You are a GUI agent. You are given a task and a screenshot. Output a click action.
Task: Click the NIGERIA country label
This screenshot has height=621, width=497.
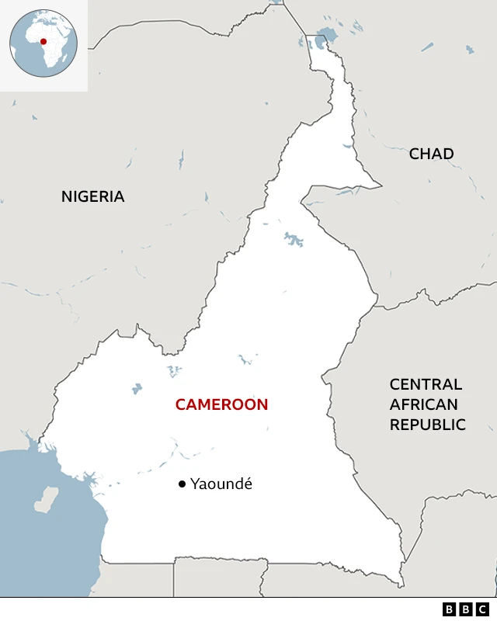click(92, 196)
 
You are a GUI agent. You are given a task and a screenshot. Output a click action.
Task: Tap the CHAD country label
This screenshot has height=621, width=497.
click(431, 154)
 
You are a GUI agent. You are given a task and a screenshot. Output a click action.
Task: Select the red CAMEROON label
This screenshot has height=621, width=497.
click(221, 404)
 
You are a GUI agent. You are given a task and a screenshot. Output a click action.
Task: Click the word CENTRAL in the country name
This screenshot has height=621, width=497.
click(426, 384)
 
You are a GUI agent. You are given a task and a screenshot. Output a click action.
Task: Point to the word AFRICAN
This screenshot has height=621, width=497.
click(423, 404)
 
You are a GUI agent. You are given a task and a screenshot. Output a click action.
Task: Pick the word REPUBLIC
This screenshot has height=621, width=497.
click(427, 425)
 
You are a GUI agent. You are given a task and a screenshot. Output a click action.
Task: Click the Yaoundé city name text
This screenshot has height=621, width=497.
click(221, 484)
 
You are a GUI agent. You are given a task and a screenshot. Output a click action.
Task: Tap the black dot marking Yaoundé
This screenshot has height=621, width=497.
click(182, 484)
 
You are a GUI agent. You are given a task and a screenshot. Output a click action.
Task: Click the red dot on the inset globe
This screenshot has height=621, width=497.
click(43, 42)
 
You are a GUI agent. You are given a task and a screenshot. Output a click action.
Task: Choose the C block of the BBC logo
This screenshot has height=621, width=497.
click(483, 609)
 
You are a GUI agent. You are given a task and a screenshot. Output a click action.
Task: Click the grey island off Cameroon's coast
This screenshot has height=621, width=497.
click(46, 499)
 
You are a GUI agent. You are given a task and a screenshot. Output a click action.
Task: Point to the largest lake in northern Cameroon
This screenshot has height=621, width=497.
click(294, 239)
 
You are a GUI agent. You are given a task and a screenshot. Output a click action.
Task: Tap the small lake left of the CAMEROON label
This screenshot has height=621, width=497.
click(137, 388)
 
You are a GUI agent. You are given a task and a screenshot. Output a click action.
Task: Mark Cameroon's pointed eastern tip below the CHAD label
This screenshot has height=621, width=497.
click(381, 186)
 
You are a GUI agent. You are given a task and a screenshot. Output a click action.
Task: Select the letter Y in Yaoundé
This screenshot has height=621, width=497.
click(195, 484)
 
